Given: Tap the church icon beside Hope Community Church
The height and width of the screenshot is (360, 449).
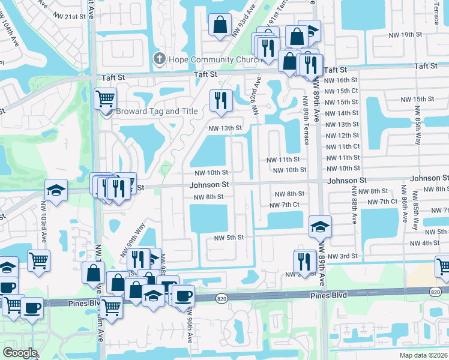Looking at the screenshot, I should coord(159,59).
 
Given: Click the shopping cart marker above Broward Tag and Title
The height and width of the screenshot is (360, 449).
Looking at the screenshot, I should coord(106,98).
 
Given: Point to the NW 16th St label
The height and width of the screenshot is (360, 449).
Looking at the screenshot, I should coord(340,80).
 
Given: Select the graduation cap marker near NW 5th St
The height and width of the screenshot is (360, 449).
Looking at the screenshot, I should coord(320,226).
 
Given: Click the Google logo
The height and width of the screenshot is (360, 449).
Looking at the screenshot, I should coord(20,353).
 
